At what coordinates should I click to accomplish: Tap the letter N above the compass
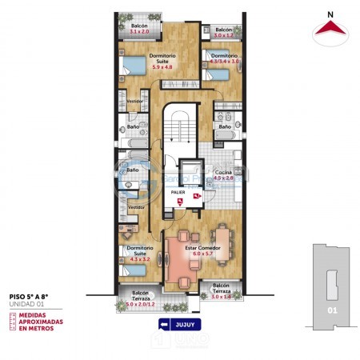[x=330, y=14]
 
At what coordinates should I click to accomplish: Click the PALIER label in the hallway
[x=178, y=193]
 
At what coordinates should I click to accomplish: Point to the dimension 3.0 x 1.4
[x=222, y=298]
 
